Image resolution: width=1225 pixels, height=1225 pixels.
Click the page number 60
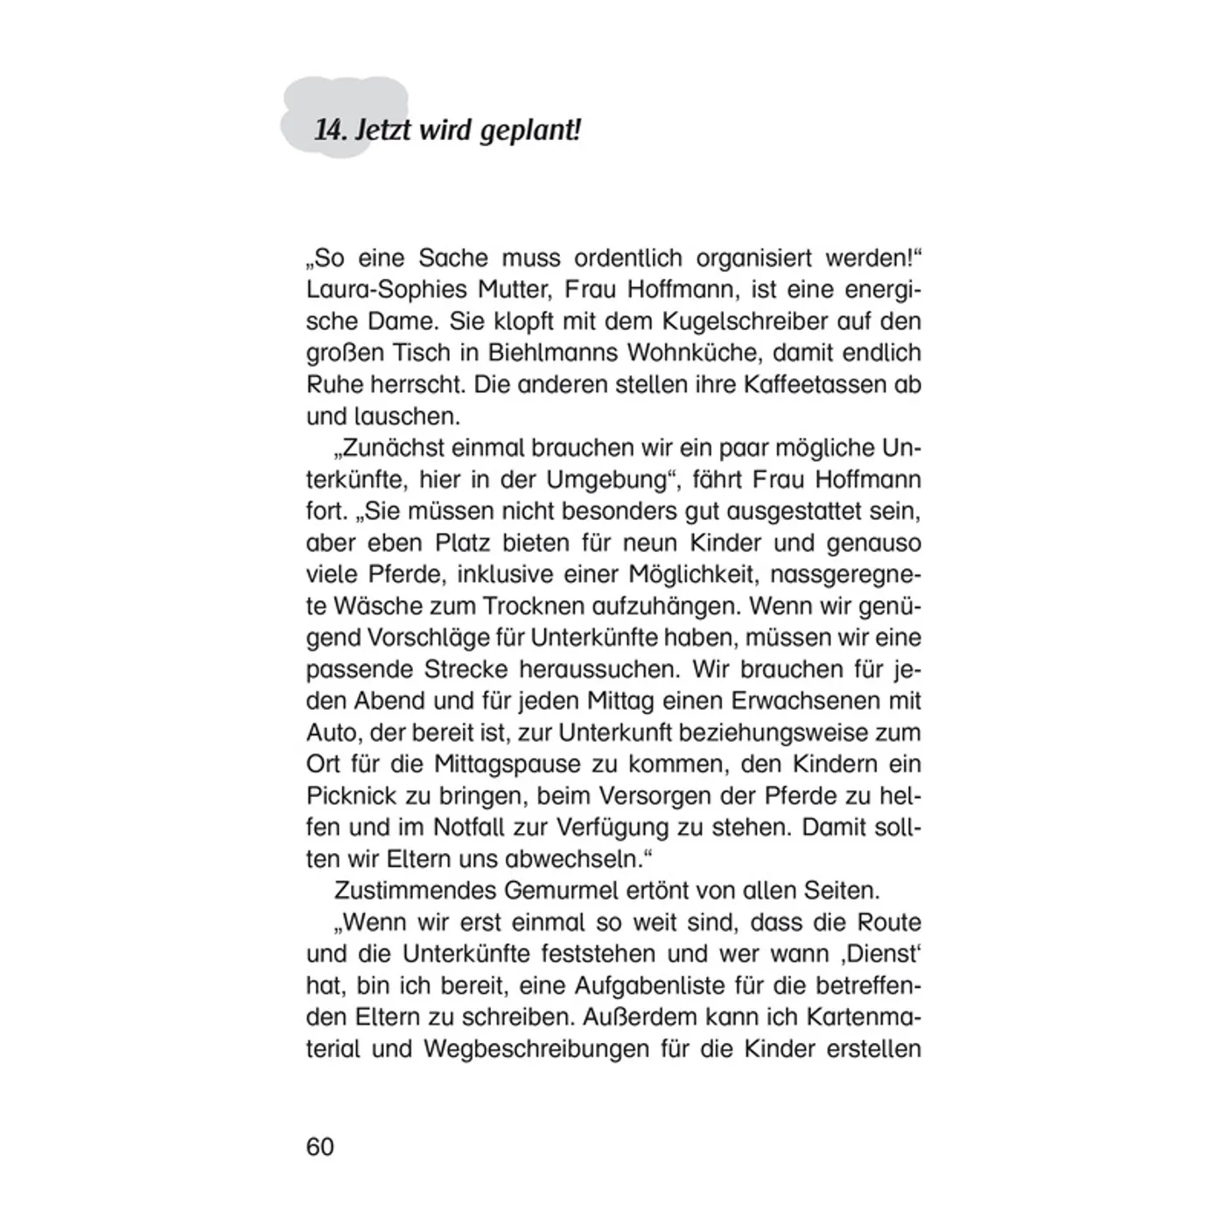pyautogui.click(x=320, y=1146)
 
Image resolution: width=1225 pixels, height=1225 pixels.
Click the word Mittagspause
pyautogui.click(x=507, y=764)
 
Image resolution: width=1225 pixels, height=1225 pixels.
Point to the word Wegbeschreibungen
pyautogui.click(x=539, y=1048)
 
